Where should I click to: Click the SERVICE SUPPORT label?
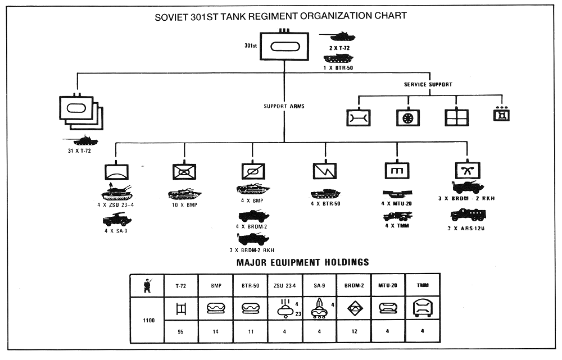428,85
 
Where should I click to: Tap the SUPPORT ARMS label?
284,106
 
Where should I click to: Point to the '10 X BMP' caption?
184,204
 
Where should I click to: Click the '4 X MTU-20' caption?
397,204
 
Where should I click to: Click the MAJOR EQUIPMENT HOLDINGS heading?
303,262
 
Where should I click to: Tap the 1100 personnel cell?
147,320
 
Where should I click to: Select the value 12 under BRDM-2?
355,331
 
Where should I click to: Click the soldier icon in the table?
147,285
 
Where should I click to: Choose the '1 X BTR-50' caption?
338,68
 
